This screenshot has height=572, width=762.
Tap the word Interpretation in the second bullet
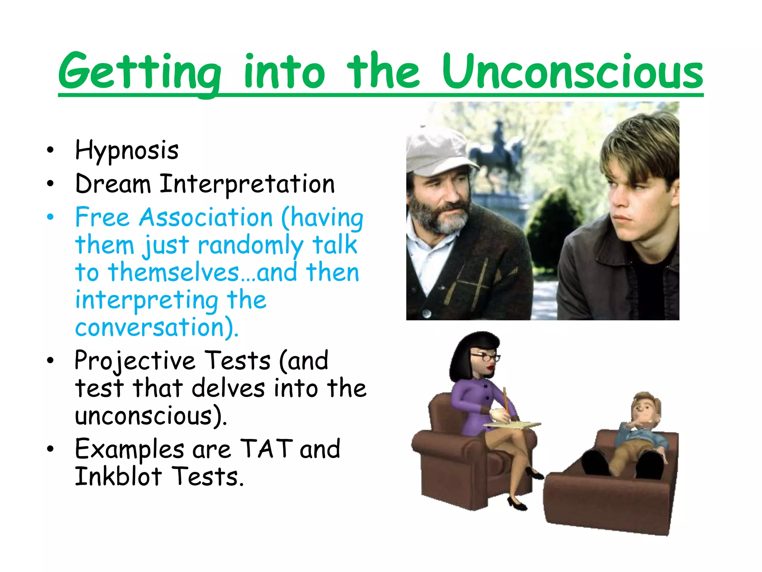[247, 184]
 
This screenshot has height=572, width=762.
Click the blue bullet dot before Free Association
[51, 217]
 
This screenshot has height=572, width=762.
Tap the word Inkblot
[118, 477]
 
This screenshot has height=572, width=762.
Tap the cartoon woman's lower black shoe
[517, 505]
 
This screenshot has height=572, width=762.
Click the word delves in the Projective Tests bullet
[228, 388]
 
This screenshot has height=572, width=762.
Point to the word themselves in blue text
[174, 273]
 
